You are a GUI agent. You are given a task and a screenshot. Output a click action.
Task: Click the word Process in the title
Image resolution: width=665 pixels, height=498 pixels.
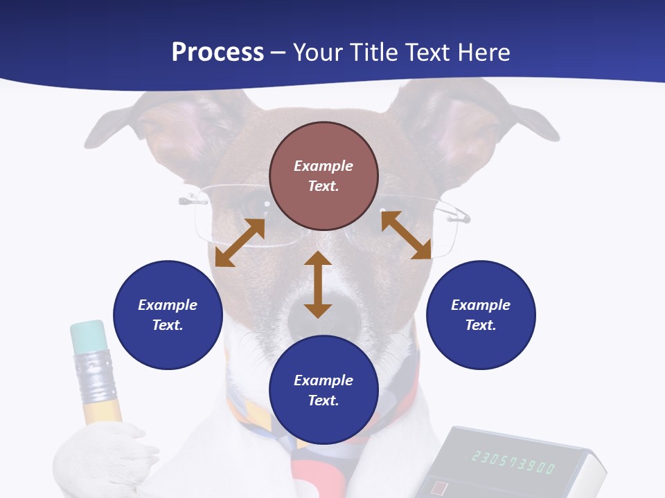[x=218, y=53]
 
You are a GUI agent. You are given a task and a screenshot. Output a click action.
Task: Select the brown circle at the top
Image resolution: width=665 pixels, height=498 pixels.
[x=323, y=176]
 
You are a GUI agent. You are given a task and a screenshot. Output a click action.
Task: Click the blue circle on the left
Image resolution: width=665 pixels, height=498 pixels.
[x=168, y=315]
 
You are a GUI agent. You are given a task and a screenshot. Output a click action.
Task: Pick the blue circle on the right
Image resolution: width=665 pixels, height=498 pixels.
[x=481, y=315]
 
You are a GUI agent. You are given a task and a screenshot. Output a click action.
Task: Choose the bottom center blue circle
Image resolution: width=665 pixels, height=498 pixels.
[x=323, y=390]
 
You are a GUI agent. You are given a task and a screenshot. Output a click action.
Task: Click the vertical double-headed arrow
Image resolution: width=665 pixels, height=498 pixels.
[x=318, y=284]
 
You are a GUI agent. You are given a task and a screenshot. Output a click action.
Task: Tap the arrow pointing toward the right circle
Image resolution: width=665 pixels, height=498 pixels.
[x=406, y=235]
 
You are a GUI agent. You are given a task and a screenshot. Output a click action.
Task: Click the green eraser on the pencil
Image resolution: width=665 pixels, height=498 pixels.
[x=88, y=335]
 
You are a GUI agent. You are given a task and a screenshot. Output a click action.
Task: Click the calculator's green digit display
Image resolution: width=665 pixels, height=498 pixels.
[x=513, y=462]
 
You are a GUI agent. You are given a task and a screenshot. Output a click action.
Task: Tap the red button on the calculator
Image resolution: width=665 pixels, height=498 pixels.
[x=439, y=488]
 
